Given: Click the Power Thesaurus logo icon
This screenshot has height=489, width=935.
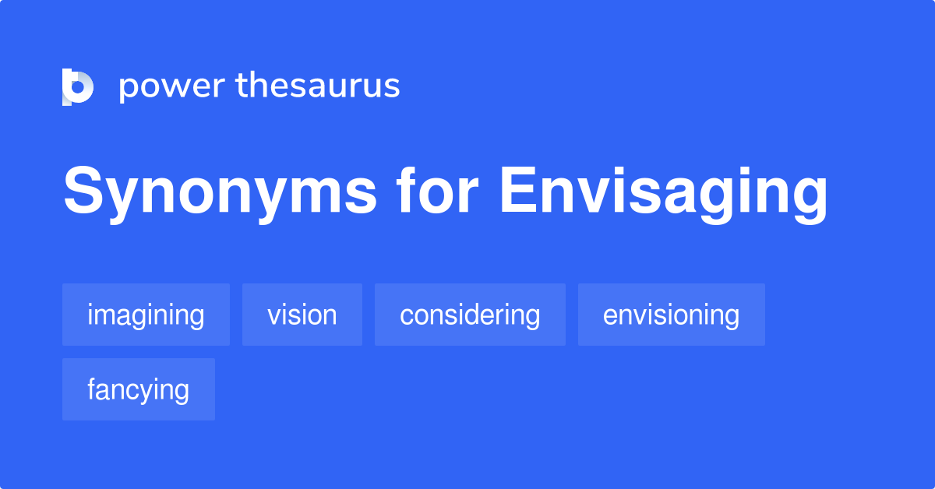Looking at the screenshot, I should click(78, 86).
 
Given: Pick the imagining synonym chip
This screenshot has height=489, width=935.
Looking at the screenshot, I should click(146, 315).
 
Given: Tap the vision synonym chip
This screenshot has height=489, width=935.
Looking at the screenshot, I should click(302, 315).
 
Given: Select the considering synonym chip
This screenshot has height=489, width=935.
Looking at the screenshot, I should click(470, 315).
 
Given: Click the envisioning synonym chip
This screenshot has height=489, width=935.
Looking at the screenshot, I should click(671, 315).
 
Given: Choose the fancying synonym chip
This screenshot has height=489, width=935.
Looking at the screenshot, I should click(138, 389).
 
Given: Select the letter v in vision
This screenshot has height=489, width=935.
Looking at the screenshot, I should click(273, 316).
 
